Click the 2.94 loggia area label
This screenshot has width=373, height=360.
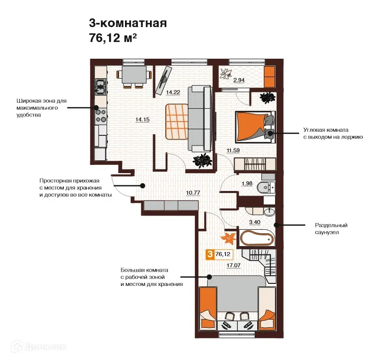coord(239,80)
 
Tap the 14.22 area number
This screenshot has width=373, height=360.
coord(173,92)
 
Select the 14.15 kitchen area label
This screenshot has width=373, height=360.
coord(142,119)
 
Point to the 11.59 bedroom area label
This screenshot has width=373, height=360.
coord(233,150)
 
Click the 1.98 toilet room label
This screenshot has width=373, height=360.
coord(246,183)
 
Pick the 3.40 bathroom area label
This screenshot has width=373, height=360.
coord(255,222)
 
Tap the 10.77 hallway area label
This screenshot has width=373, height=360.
coord(193,193)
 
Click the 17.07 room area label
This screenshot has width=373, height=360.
coord(233,265)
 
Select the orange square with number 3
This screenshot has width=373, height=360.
coord(210,254)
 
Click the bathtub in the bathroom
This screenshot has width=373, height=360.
coord(257,237)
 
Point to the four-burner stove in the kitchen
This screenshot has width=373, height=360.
coord(101,116)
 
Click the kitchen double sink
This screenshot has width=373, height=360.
coord(101,87)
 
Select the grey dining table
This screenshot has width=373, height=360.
coord(134,75)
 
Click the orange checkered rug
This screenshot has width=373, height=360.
coord(177,122)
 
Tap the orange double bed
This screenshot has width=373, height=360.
coord(255,127)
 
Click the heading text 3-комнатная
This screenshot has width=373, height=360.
coord(128,23)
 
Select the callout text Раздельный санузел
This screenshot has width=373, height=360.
coord(331,229)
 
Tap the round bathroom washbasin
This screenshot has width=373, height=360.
coord(269,211)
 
